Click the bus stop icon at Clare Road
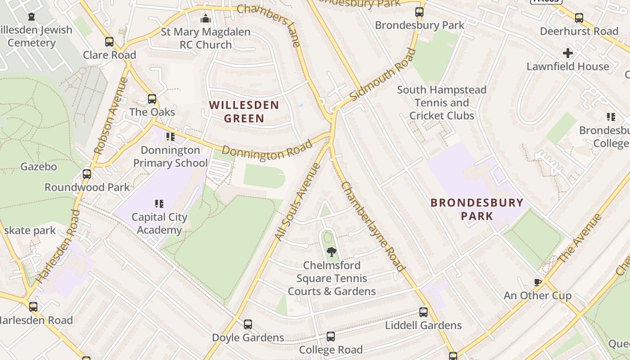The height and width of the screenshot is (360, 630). pyautogui.click(x=109, y=42)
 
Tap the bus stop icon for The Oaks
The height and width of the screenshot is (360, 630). pyautogui.click(x=152, y=99)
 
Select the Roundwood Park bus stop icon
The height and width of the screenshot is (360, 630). pyautogui.click(x=87, y=174)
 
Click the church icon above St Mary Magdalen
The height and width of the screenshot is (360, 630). pyautogui.click(x=206, y=18)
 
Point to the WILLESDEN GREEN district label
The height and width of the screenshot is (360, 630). pyautogui.click(x=244, y=112)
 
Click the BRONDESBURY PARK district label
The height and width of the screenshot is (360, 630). pyautogui.click(x=477, y=209)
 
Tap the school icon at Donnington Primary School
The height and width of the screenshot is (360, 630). pyautogui.click(x=171, y=136)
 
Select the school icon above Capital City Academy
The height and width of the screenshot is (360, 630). pyautogui.click(x=159, y=204)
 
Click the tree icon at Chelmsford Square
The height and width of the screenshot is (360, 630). pyautogui.click(x=332, y=252)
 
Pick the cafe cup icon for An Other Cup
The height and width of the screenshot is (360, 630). pyautogui.click(x=537, y=282)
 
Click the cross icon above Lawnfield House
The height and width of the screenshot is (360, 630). pyautogui.click(x=568, y=53)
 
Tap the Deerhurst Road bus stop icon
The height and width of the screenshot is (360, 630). pyautogui.click(x=579, y=18)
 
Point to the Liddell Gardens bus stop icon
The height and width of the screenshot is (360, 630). pyautogui.click(x=423, y=312)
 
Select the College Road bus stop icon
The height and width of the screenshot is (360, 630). pyautogui.click(x=331, y=337)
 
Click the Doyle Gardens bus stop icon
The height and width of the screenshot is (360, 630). pyautogui.click(x=248, y=324)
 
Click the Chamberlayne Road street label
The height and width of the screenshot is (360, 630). pyautogui.click(x=373, y=226)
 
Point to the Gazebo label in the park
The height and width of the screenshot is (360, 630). pyautogui.click(x=39, y=166)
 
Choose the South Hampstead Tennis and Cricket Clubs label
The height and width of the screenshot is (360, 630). pyautogui.click(x=441, y=103)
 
